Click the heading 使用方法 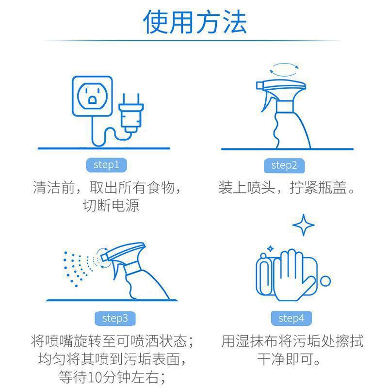(195, 22)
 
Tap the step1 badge (106, 165)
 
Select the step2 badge (284, 165)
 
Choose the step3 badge (115, 319)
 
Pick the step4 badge (291, 319)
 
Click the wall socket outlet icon (92, 96)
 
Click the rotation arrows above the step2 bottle (284, 69)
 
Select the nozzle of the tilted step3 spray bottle (104, 258)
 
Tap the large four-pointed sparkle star (304, 225)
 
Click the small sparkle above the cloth (271, 248)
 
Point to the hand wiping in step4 (294, 275)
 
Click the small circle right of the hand (325, 281)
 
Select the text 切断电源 (111, 206)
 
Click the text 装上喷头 (247, 187)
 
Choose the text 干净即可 (285, 359)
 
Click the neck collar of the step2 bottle (285, 107)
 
